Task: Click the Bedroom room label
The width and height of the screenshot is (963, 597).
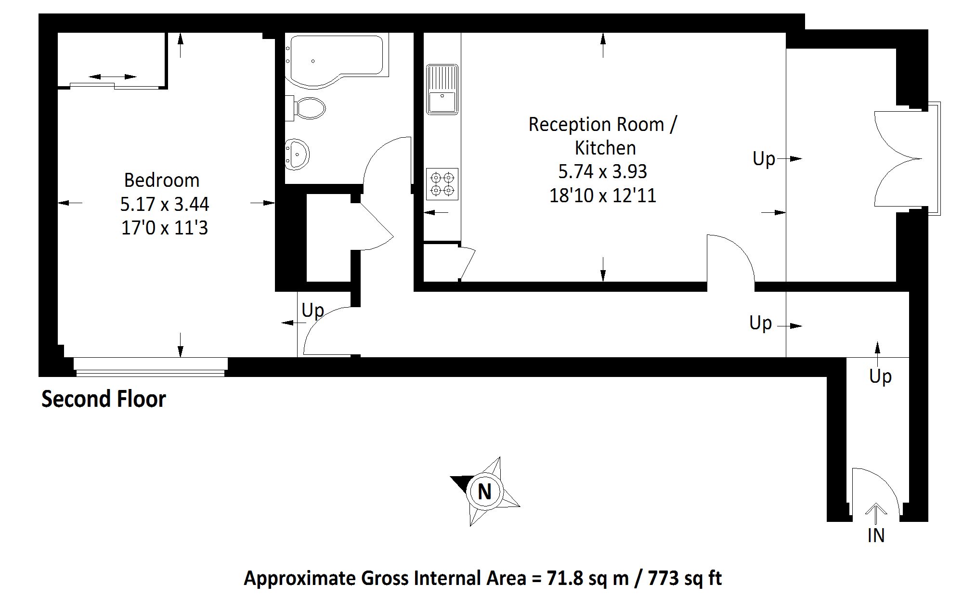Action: click(x=162, y=181)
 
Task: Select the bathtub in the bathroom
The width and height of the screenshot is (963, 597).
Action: click(x=337, y=60)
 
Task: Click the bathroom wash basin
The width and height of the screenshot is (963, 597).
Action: click(x=297, y=155)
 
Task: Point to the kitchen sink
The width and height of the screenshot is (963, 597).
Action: click(x=442, y=89)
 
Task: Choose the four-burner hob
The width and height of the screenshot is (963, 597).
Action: click(x=442, y=184)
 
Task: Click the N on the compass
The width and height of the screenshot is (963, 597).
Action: click(x=484, y=492)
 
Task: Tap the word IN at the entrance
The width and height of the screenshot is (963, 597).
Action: click(x=876, y=535)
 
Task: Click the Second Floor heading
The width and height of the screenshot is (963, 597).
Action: click(x=104, y=399)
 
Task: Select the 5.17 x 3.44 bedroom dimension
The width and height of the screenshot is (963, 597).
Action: click(x=165, y=204)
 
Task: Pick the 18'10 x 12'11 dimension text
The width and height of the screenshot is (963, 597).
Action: click(x=603, y=196)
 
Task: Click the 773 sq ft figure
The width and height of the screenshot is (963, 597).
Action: click(x=685, y=578)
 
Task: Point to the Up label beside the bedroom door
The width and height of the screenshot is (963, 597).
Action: click(x=312, y=311)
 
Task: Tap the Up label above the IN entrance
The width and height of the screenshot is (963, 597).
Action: click(x=880, y=376)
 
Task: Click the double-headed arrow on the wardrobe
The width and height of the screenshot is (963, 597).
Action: click(x=113, y=77)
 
